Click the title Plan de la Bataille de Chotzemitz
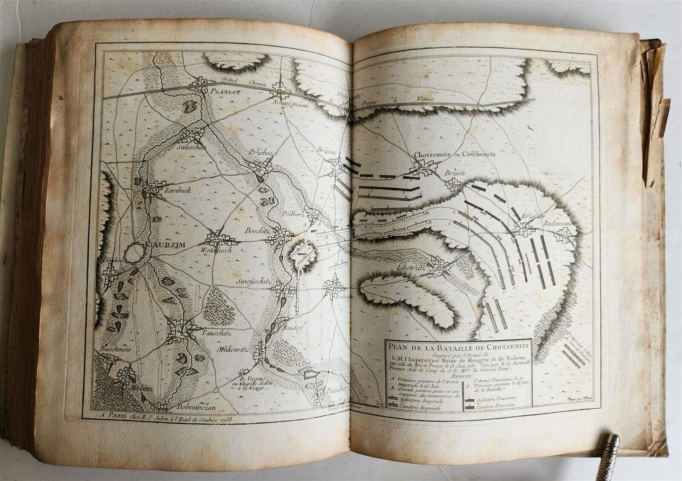pos(457,345)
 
